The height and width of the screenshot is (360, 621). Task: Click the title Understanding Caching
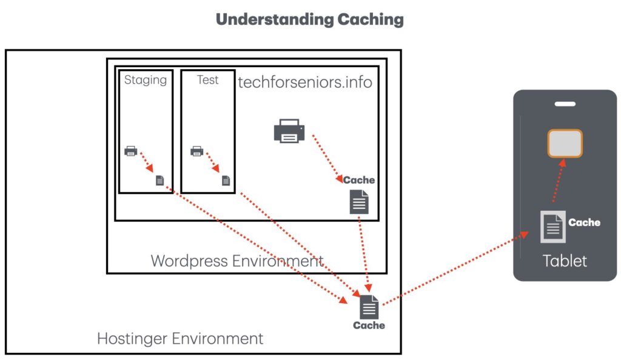tap(309, 19)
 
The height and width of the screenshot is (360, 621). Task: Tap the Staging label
tap(146, 79)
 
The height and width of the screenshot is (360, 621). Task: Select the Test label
tap(208, 79)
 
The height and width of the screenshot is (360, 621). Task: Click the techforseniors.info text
tap(305, 82)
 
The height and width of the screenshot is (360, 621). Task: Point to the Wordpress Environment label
tap(237, 261)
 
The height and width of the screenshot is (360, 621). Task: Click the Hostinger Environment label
tap(180, 338)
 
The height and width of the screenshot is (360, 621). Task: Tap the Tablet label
tap(565, 261)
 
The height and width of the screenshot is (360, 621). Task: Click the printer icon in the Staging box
tap(131, 151)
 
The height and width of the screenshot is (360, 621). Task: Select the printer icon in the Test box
tap(196, 151)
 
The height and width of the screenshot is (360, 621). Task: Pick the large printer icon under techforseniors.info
tap(289, 130)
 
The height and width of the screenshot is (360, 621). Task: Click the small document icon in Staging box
tap(159, 180)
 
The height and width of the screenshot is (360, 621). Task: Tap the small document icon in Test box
tap(226, 180)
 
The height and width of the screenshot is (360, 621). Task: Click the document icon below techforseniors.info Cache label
tap(359, 202)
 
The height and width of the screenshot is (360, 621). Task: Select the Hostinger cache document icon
tap(369, 307)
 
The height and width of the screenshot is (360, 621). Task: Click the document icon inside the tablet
tap(552, 227)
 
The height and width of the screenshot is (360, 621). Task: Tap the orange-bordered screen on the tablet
tap(565, 144)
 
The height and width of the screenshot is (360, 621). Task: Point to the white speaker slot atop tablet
tap(565, 104)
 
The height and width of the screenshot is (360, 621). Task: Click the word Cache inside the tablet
tap(584, 222)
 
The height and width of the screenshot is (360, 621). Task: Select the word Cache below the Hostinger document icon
tap(369, 325)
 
